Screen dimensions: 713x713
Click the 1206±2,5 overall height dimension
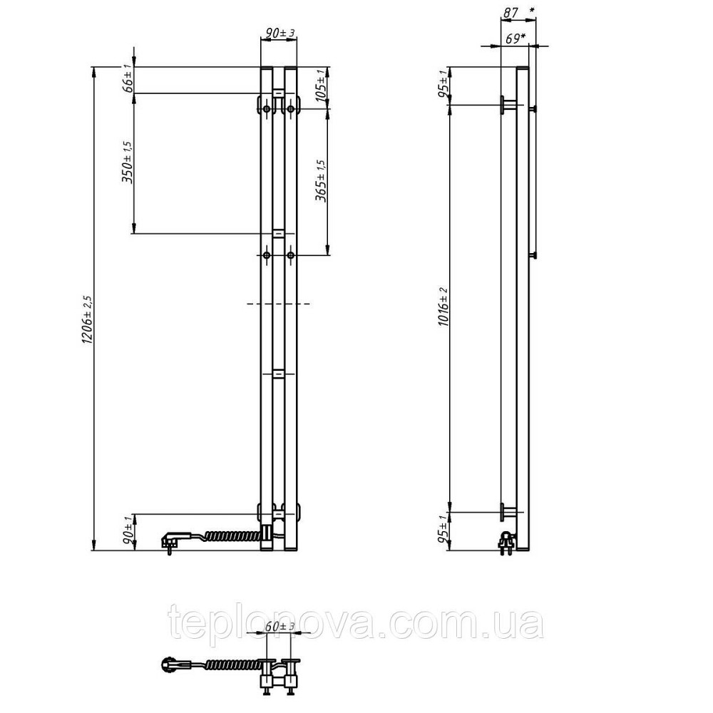point(87,319)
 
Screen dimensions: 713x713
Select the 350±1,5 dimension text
point(128,162)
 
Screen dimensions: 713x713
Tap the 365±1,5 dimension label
point(321,181)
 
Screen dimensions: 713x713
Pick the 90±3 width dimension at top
point(280,33)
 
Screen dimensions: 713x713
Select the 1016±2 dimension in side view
point(443,307)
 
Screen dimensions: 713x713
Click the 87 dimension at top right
point(511,13)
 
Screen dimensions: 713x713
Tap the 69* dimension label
point(515,39)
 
